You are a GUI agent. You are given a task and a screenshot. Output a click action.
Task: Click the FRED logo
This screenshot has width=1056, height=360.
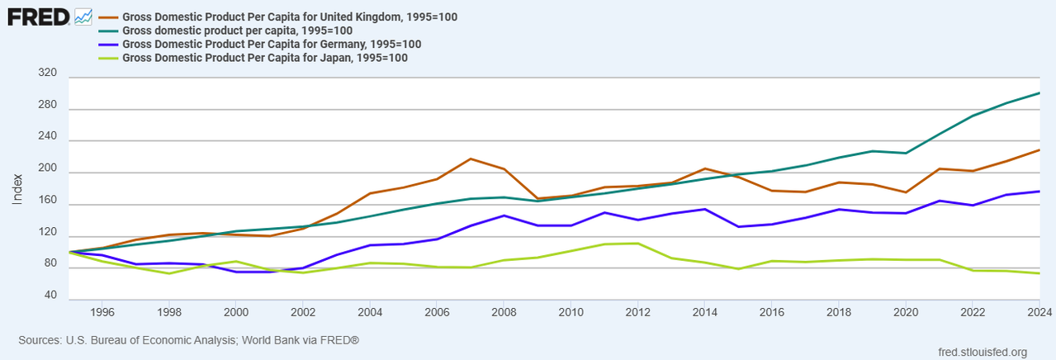38,16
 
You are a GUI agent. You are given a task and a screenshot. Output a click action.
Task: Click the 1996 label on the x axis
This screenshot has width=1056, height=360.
102,312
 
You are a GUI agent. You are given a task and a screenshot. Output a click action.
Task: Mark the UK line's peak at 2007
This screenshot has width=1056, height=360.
470,159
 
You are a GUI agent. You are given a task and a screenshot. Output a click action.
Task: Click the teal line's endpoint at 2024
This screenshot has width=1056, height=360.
1039,93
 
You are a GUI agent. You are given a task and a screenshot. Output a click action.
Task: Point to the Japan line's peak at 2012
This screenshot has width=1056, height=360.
637,243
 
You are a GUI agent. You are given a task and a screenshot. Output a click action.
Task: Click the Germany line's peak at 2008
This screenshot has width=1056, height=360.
504,216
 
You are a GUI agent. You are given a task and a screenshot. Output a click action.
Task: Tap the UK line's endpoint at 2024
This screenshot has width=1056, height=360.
1039,150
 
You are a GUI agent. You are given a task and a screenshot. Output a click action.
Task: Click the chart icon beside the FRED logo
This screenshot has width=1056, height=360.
83,16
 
